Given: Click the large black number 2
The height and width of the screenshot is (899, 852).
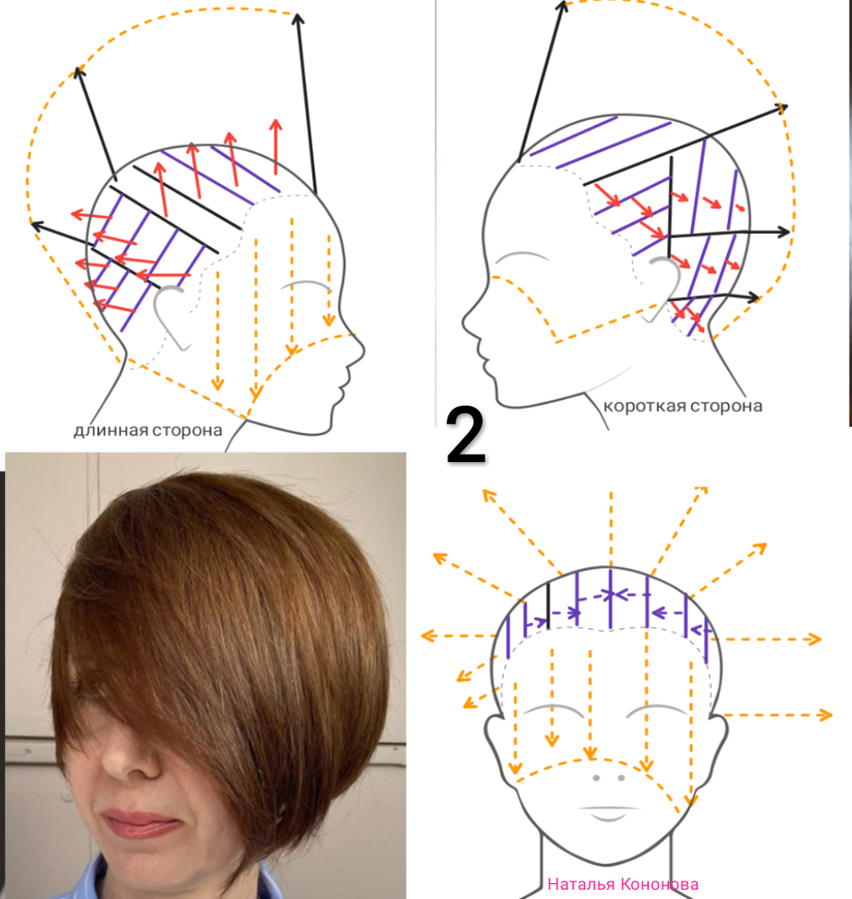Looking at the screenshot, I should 466,435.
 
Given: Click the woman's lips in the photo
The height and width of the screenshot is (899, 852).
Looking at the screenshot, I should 138,824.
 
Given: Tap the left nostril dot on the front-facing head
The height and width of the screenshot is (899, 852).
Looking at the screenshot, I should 595,777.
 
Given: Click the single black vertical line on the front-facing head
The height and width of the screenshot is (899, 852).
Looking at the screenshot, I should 548,604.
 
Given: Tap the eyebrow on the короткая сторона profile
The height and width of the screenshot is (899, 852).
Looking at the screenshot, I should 521,256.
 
